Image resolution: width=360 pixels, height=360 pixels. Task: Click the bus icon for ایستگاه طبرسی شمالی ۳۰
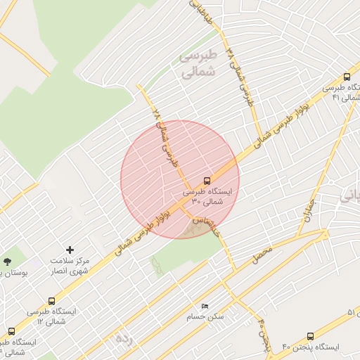(207, 181)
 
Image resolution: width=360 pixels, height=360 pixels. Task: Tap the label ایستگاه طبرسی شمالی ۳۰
(212, 196)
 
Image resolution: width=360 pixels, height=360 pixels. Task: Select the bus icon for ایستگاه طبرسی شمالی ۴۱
(347, 77)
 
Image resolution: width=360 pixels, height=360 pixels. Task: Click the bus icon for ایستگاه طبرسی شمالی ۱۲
(11, 331)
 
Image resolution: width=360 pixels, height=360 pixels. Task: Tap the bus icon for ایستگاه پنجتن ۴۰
(311, 337)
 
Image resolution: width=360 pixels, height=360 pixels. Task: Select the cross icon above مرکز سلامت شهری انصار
(70, 250)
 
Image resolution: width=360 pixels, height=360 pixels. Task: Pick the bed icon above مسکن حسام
(205, 306)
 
